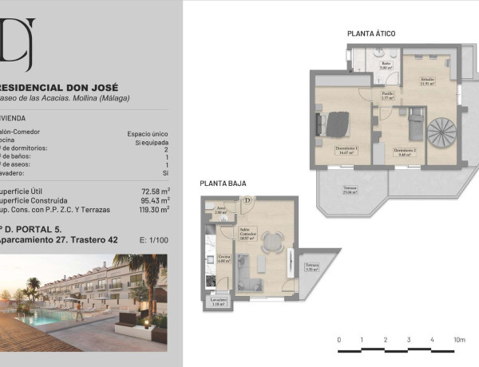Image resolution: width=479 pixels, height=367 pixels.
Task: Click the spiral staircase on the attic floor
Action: pos(440,132)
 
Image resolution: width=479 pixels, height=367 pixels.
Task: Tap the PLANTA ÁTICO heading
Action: pos(371,34)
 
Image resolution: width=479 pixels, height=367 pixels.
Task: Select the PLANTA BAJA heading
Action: pos(223,183)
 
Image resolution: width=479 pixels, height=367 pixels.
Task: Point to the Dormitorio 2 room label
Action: pos(405,152)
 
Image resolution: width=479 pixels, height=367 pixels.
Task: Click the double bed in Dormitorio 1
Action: pos(336,124)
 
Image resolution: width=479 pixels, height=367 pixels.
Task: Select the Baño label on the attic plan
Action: pos(385,65)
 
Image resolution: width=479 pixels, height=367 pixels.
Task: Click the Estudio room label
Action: pos(427,81)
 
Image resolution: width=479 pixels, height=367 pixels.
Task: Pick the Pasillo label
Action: pos(386,96)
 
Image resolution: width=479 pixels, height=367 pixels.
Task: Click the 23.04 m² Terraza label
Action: pos(350,190)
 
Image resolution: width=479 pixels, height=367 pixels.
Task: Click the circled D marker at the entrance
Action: pos(247,200)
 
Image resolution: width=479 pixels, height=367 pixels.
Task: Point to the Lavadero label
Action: pos(218,302)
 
